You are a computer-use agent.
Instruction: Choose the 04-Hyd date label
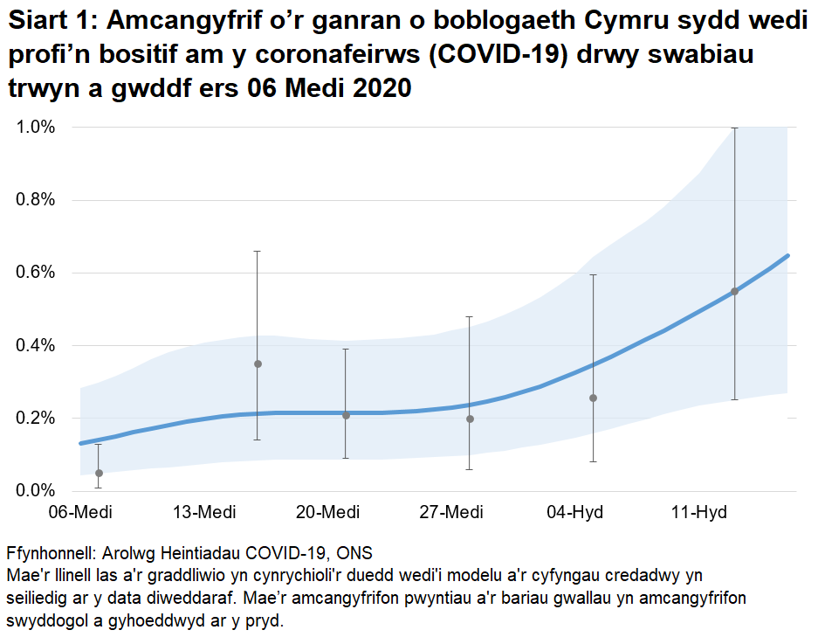coord(575,512)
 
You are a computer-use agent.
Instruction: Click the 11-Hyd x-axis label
coord(699,512)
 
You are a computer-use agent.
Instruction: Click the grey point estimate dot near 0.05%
coord(99,473)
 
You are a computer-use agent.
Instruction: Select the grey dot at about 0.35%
coord(258,364)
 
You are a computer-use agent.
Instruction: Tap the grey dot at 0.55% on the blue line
coord(734,291)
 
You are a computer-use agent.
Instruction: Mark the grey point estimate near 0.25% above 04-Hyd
coord(594,398)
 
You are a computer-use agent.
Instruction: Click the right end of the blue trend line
coord(787,256)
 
